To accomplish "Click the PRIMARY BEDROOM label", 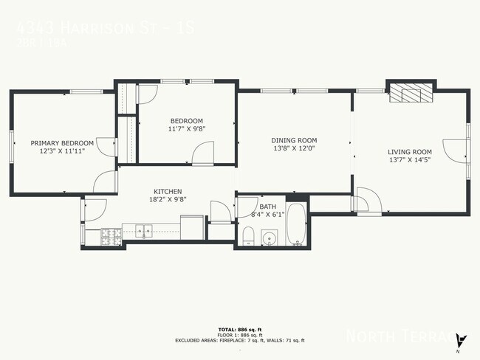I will click(x=62, y=142).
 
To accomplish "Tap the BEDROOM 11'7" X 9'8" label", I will click(x=187, y=121).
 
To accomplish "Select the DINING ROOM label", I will click(x=294, y=140).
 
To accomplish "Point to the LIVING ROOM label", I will click(x=410, y=152).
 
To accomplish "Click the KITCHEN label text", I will click(x=168, y=191).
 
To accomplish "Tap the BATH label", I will click(x=267, y=207).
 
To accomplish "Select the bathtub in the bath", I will click(x=297, y=225).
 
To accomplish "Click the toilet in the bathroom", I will click(x=249, y=236).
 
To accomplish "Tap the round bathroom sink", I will click(x=270, y=238).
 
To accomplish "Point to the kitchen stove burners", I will click(x=112, y=237).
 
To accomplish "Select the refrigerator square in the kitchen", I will click(x=192, y=226).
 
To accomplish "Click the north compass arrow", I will click(x=462, y=340).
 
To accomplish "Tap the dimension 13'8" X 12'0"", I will click(x=294, y=148).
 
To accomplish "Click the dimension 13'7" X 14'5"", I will click(x=410, y=159).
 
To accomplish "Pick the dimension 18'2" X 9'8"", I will click(x=168, y=198).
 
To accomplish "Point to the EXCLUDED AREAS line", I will click(x=240, y=340).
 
